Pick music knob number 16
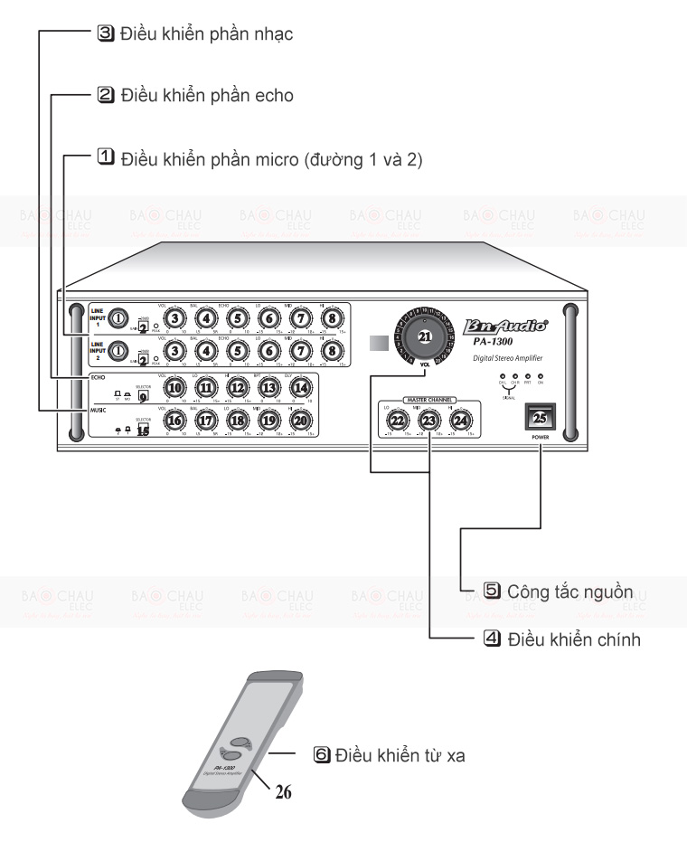[176, 420]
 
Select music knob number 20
[301, 420]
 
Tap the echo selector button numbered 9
[142, 394]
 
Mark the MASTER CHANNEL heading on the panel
[430, 399]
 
